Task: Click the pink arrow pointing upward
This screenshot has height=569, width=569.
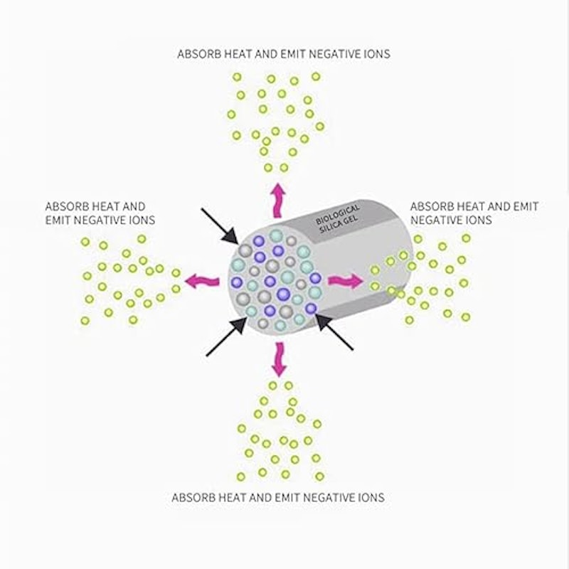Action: pyautogui.click(x=278, y=201)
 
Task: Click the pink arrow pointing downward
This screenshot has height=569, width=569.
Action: pyautogui.click(x=279, y=359)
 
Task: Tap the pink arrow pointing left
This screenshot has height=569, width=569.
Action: pyautogui.click(x=202, y=281)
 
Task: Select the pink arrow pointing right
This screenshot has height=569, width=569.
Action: pyautogui.click(x=346, y=281)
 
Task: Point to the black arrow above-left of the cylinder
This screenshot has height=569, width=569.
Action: pyautogui.click(x=220, y=225)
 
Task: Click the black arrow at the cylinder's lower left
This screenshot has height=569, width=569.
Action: pyautogui.click(x=226, y=336)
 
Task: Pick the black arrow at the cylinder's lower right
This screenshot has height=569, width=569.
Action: pyautogui.click(x=334, y=332)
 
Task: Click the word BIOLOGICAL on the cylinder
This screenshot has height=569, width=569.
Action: pyautogui.click(x=337, y=215)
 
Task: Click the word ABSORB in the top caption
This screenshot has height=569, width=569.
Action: pyautogui.click(x=199, y=54)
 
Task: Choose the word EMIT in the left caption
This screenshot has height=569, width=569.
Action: pyautogui.click(x=58, y=220)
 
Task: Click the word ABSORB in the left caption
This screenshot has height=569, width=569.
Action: pyautogui.click(x=67, y=206)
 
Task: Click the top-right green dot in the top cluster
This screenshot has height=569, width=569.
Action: pyautogui.click(x=316, y=77)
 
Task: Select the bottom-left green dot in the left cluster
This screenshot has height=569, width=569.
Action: pyautogui.click(x=85, y=321)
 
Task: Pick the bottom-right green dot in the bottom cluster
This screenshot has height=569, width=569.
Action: pyautogui.click(x=319, y=476)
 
